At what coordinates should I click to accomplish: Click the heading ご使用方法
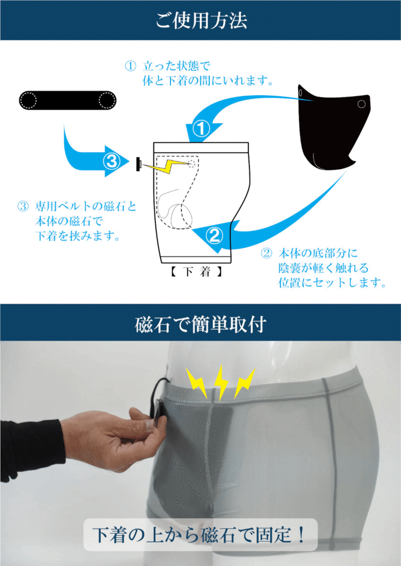201,20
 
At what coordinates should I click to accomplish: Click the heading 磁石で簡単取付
201,324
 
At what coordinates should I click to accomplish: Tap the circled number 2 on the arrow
215,236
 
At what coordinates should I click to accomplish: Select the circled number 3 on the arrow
112,161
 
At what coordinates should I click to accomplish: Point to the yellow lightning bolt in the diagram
168,166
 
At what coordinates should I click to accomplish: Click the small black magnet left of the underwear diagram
138,164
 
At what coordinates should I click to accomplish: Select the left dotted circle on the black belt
28,100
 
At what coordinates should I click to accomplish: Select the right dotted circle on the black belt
107,100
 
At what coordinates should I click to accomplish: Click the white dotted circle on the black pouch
361,104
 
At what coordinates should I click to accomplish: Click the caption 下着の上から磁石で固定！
200,534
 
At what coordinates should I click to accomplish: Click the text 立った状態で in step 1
177,66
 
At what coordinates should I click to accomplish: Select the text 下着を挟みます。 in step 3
78,236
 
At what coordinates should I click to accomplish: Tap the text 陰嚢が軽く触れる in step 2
323,268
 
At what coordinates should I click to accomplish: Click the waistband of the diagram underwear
201,147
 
